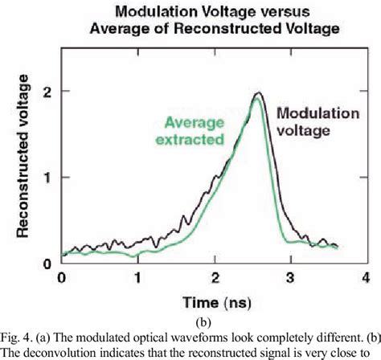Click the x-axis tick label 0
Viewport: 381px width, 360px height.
point(62,278)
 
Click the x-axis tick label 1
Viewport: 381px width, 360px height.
point(138,278)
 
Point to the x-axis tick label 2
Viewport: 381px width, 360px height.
point(214,278)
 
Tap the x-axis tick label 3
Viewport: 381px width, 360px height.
point(290,278)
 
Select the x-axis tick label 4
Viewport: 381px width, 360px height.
point(367,278)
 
